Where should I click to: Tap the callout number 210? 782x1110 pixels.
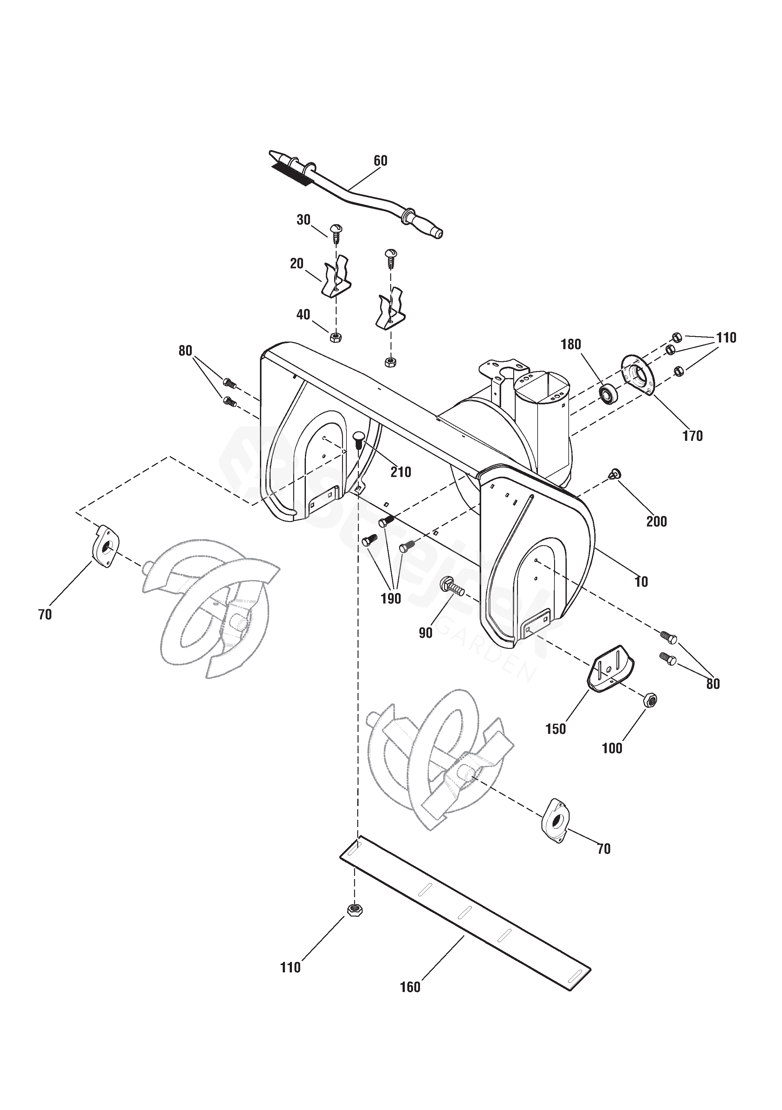[401, 472]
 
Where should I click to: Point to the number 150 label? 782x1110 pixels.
[555, 728]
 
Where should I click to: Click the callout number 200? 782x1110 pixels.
[656, 522]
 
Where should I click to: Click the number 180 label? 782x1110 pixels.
[571, 345]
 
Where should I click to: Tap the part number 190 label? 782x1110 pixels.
[391, 599]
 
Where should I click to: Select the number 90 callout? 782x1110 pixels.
[425, 633]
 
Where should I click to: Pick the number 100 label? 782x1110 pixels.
[612, 748]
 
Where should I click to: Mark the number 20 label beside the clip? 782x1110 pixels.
[297, 264]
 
